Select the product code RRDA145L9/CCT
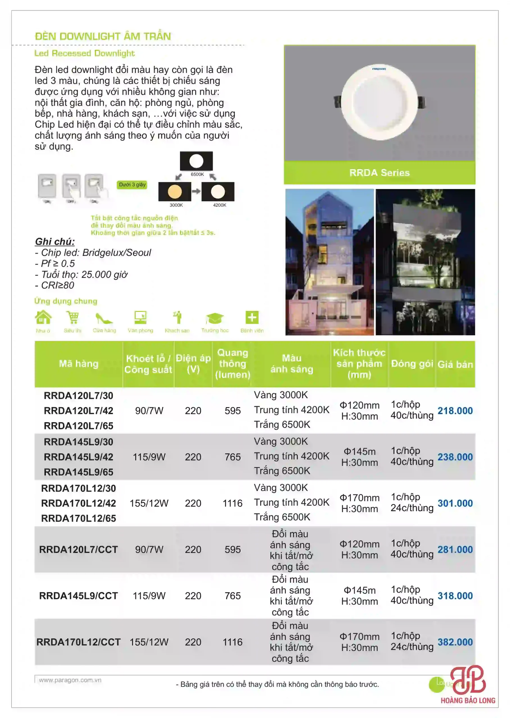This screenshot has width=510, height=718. [79, 596]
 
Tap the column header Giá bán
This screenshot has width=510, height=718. [455, 364]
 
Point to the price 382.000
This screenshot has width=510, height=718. [455, 642]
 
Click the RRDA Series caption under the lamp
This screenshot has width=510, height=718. [379, 172]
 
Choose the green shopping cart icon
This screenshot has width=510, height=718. [72, 317]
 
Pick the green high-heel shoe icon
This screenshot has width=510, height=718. [104, 318]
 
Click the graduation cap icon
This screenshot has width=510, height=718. [215, 318]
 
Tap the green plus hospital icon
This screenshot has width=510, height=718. [252, 317]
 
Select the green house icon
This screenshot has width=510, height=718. [43, 317]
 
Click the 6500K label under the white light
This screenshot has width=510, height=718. [197, 174]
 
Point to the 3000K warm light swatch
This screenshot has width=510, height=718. [175, 192]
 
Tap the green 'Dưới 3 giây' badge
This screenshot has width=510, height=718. [132, 185]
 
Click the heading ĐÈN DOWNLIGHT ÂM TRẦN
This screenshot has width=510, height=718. [103, 36]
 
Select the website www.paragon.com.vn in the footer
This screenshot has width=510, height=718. [70, 680]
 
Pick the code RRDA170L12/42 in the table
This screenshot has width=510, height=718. [79, 503]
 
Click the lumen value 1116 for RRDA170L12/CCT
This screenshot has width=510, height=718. [232, 642]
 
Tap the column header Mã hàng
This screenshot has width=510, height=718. [79, 363]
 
